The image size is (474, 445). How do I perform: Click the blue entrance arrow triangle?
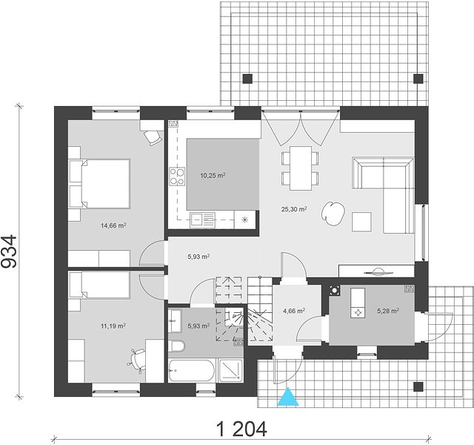(x=288, y=398)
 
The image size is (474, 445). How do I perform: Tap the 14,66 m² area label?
(x=113, y=225)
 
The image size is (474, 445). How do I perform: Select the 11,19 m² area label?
(x=113, y=326)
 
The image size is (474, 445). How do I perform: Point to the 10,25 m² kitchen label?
(x=213, y=176)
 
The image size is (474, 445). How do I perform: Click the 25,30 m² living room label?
(x=295, y=209)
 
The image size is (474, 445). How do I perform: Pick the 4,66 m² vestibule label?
(x=294, y=311)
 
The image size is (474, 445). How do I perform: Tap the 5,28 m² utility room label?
(x=388, y=311)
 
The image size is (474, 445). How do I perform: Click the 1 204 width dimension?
(x=242, y=429)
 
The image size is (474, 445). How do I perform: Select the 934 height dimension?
(x=9, y=251)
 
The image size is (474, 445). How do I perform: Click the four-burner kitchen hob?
(x=177, y=177)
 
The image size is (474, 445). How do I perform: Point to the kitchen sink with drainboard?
(x=202, y=220)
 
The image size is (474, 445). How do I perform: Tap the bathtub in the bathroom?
(x=191, y=371)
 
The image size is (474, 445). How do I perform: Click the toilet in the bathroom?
(x=176, y=346)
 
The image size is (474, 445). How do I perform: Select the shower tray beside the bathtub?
(x=231, y=370)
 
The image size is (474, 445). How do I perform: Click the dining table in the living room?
(x=301, y=168)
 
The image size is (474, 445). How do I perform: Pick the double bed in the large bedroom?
(x=99, y=183)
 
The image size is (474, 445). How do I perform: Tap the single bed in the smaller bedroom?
(x=99, y=285)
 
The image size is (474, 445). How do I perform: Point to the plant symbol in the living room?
(x=333, y=212)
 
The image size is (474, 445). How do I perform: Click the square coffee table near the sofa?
(x=361, y=222)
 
